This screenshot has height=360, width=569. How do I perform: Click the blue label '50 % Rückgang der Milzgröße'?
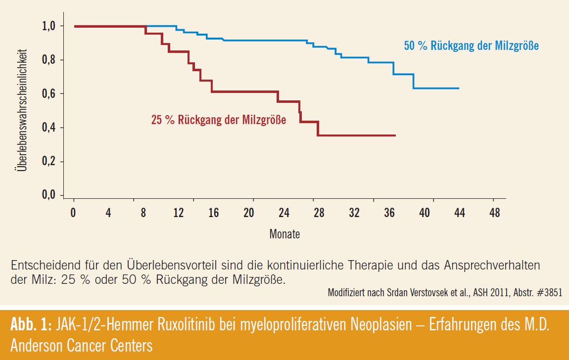pos(471,46)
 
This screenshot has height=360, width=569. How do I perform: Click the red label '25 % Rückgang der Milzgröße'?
pos(218,120)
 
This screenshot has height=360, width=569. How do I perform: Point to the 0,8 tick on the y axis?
pos(50,60)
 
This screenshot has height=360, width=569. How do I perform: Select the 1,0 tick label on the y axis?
pos(50,26)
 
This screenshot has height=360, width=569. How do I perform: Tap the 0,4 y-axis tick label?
pos(50,128)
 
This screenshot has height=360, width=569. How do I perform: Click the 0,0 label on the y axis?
pos(50,195)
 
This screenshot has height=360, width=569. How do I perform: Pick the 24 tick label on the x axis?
pos(284,213)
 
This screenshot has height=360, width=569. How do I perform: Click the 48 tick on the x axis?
pos(494,213)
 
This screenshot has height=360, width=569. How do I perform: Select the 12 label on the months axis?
pos(179,213)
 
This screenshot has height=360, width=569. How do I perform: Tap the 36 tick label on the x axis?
pos(389,213)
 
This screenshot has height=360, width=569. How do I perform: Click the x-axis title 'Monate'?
pos(284,234)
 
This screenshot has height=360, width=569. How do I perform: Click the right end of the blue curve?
pos(459,88)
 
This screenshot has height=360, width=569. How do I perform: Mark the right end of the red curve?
pos(395,135)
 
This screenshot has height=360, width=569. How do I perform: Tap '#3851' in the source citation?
pos(553,292)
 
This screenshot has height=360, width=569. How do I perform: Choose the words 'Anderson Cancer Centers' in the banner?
pos(82,345)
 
